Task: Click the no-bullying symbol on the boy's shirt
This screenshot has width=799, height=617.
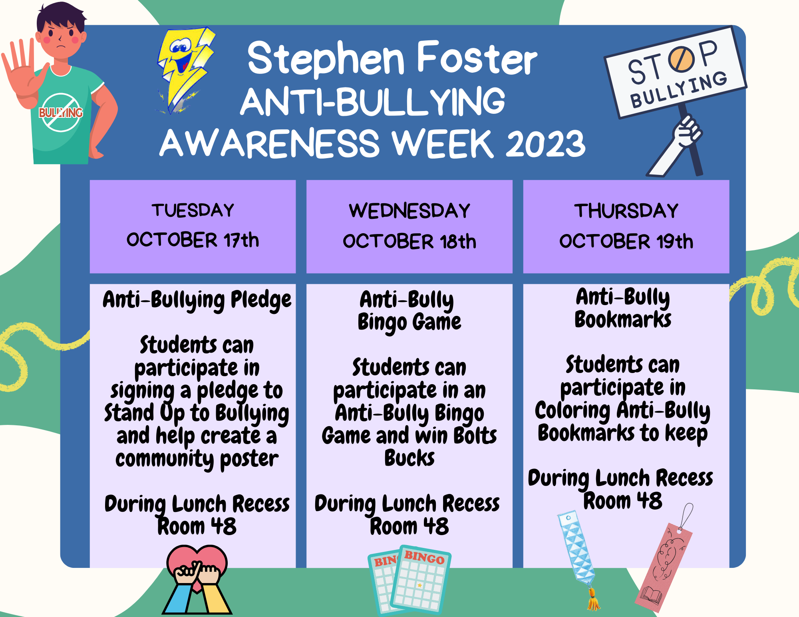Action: pos(61,113)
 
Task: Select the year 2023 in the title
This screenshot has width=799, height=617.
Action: pos(545,144)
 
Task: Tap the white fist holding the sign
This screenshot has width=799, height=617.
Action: pos(686,132)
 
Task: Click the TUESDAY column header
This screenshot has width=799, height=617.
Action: pos(193,210)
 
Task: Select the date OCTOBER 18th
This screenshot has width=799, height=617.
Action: pos(409,241)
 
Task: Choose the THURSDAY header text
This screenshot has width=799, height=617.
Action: pos(626,210)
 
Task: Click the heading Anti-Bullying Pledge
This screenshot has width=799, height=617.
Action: pos(197,300)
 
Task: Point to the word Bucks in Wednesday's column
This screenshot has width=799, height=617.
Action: pos(409,458)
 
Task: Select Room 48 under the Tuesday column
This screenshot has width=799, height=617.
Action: pos(197,526)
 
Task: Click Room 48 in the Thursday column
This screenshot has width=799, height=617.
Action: pos(622,501)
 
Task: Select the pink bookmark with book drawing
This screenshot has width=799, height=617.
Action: pos(663,567)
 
